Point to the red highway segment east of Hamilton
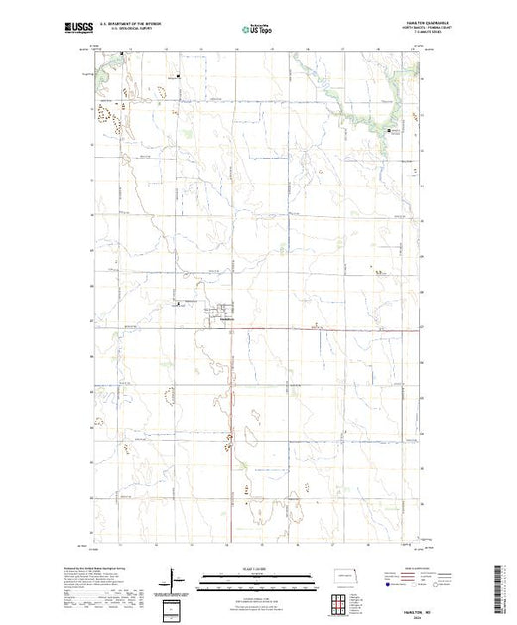327,329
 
